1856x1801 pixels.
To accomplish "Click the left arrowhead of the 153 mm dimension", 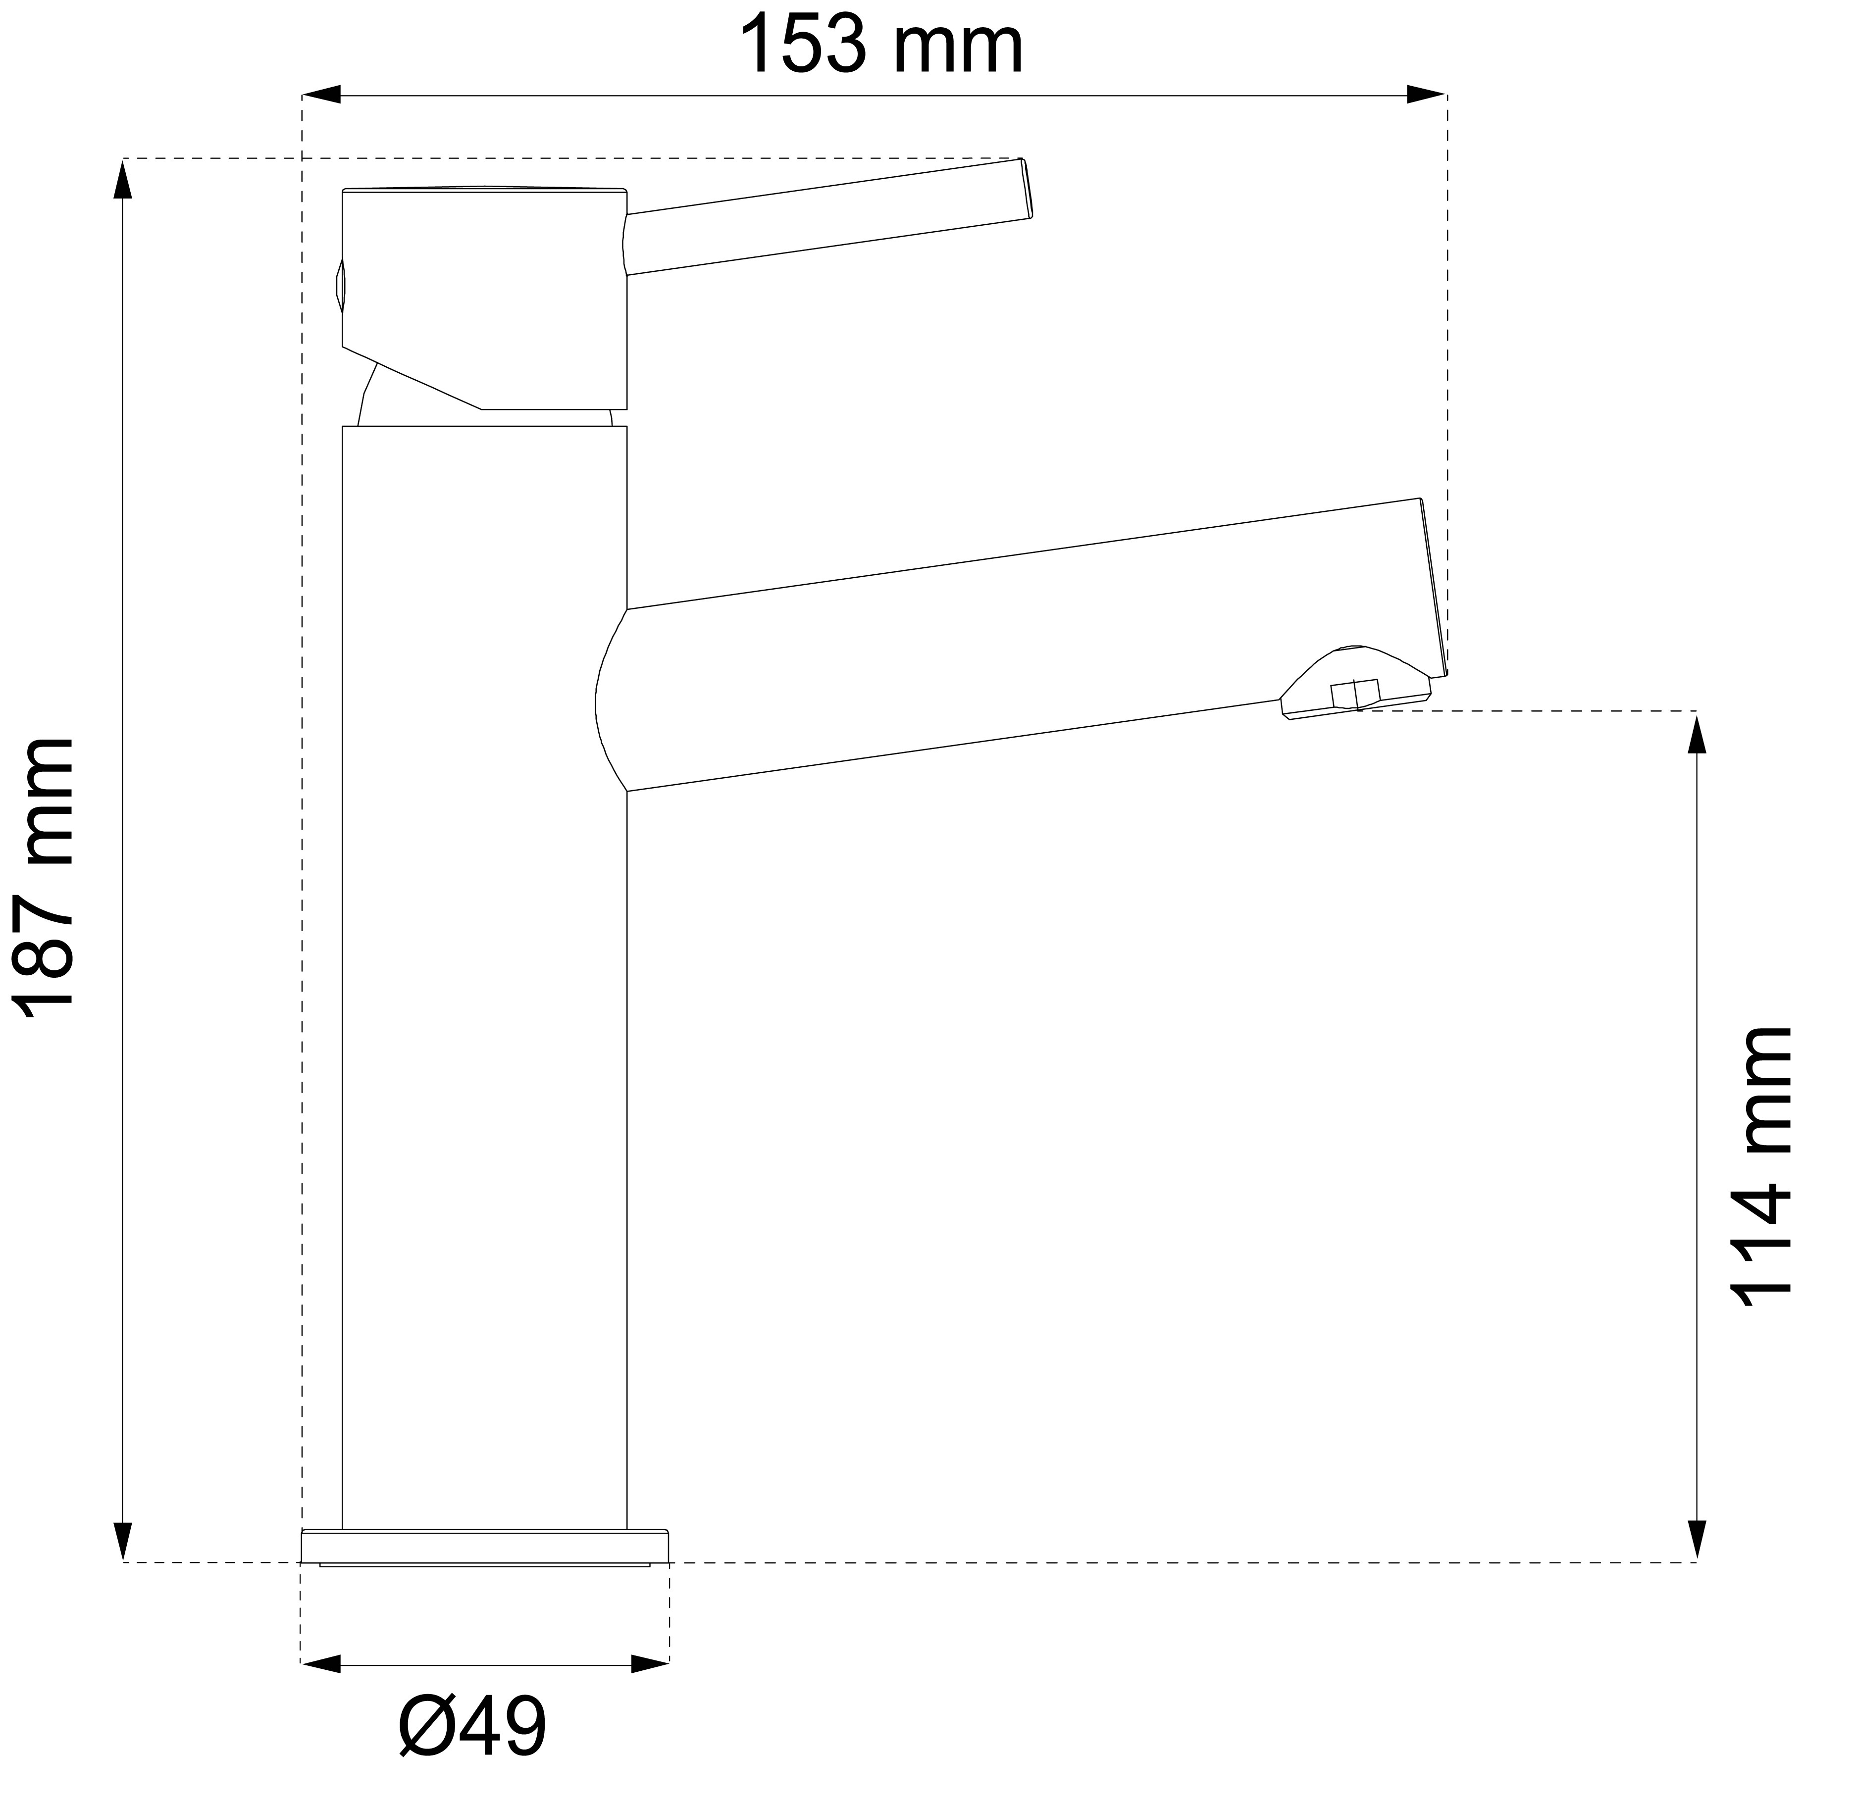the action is [x=320, y=95].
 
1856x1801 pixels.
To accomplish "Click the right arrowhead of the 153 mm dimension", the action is [x=1426, y=95].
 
